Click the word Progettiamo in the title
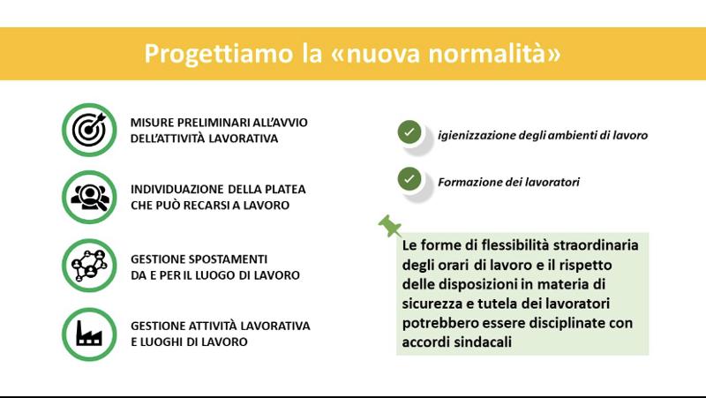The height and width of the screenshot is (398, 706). coord(218,54)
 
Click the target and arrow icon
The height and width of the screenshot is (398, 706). coord(89,130)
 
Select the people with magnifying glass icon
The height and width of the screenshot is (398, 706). coord(90,197)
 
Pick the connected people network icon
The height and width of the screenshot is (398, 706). coord(89,266)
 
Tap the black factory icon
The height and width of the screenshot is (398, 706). coord(89,334)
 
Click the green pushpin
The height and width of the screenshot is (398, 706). coord(390,226)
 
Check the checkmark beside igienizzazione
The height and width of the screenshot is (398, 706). coord(409,132)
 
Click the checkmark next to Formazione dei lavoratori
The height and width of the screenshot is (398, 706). coord(409,179)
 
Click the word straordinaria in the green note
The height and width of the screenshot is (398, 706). coord(596,245)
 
